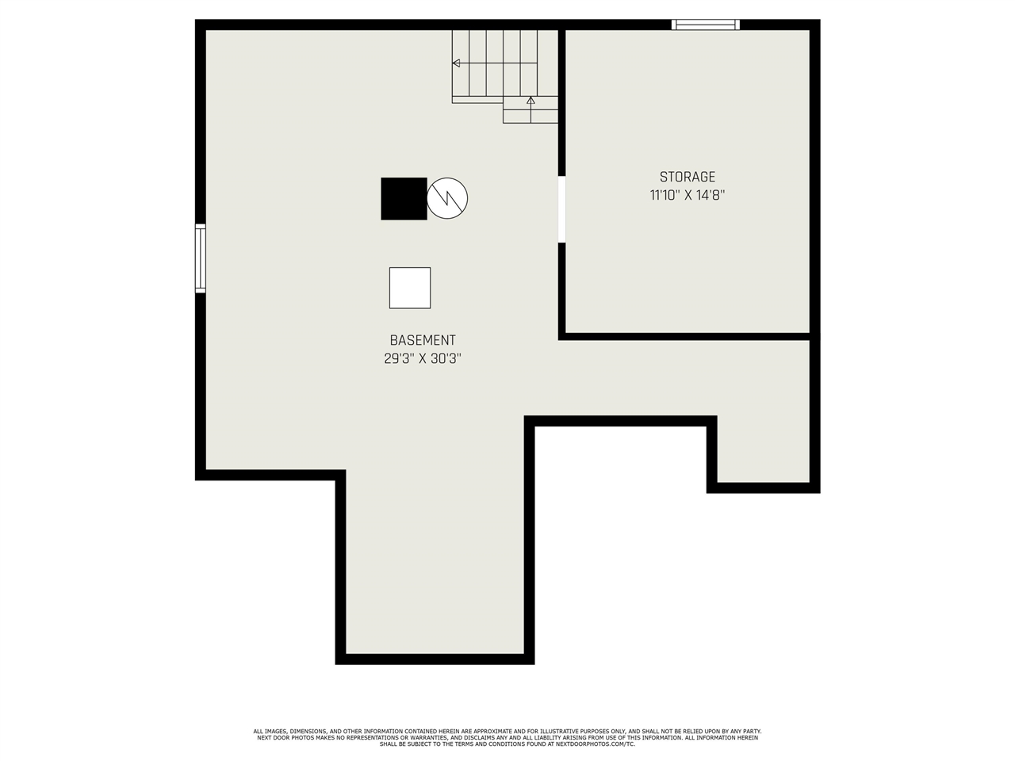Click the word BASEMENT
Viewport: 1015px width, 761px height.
pos(422,340)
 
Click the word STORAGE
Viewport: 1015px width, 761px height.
pos(688,177)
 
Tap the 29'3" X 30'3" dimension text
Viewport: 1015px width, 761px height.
pos(422,358)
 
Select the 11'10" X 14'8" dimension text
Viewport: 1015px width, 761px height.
pos(688,195)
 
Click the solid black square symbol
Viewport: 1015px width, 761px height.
pos(404,199)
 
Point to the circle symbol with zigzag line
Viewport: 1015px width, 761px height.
pos(447,198)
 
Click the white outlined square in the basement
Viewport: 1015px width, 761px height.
pos(410,288)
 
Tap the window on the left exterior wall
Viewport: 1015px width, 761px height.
pos(201,258)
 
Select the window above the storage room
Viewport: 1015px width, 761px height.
pos(705,25)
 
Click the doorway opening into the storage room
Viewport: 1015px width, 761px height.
pos(561,209)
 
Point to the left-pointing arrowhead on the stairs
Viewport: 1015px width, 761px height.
pos(456,63)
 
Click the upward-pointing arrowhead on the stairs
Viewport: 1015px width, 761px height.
pos(530,100)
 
